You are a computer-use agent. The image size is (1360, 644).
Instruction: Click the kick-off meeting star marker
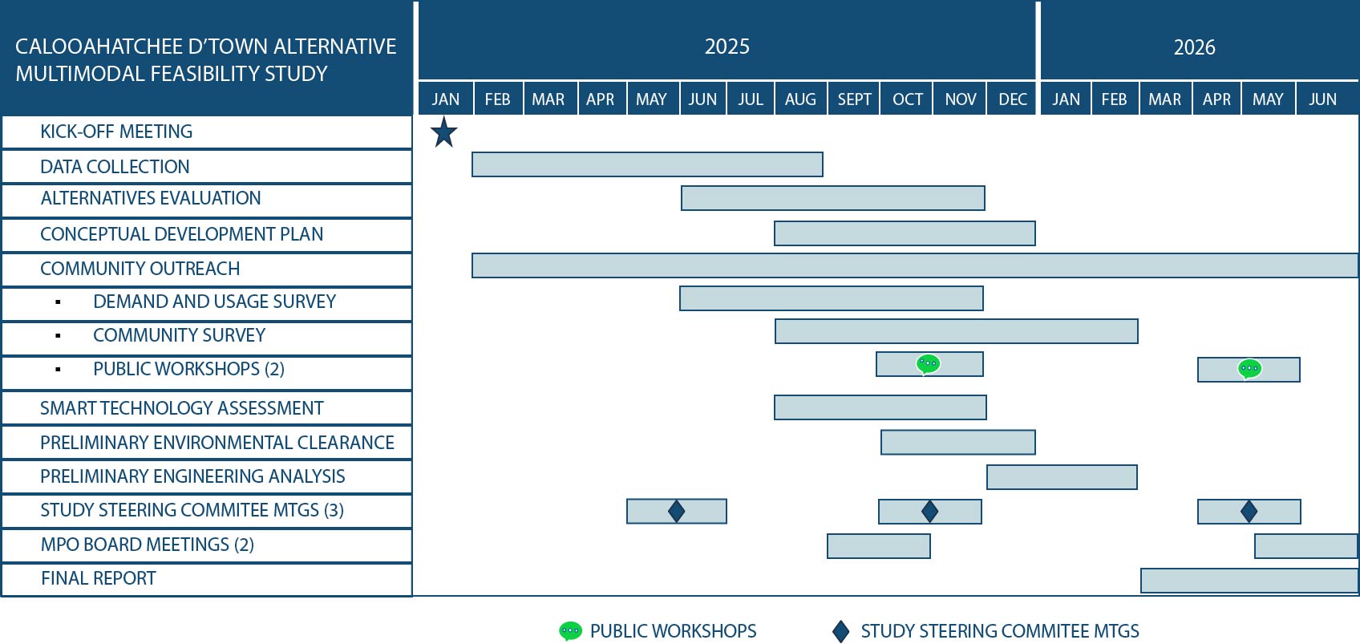pyautogui.click(x=443, y=132)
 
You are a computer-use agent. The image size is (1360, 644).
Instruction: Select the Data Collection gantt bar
pyautogui.click(x=647, y=164)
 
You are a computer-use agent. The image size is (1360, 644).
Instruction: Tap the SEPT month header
pyautogui.click(x=854, y=99)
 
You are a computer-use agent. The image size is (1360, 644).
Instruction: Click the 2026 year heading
pyautogui.click(x=1194, y=47)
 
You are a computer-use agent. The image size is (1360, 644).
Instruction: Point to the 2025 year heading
pyautogui.click(x=727, y=47)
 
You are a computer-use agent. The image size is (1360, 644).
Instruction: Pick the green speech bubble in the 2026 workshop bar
pyautogui.click(x=1249, y=368)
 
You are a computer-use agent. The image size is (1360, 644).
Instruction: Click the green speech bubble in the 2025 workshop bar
pyautogui.click(x=928, y=364)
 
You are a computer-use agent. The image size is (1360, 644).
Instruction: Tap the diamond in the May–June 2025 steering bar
pyautogui.click(x=676, y=511)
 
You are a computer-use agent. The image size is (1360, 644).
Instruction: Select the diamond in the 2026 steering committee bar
pyautogui.click(x=1249, y=511)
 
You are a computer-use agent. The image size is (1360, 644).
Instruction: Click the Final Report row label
pyautogui.click(x=99, y=578)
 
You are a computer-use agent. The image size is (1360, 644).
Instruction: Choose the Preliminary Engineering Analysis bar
pyautogui.click(x=1062, y=477)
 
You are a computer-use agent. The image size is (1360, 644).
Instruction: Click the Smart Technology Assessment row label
pyautogui.click(x=181, y=408)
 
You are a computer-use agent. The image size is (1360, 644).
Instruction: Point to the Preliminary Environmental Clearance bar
pyautogui.click(x=958, y=442)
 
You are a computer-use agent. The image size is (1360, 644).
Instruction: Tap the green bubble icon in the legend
pyautogui.click(x=570, y=631)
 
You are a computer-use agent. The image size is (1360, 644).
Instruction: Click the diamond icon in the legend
pyautogui.click(x=840, y=631)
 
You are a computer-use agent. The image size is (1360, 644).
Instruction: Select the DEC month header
pyautogui.click(x=1013, y=99)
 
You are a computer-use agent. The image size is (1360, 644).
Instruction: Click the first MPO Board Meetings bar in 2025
pyautogui.click(x=879, y=545)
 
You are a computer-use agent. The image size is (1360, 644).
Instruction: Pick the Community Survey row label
pyautogui.click(x=179, y=335)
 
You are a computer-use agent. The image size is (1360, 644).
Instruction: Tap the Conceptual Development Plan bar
pyautogui.click(x=905, y=233)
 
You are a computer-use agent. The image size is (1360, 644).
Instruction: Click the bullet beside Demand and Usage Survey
pyautogui.click(x=58, y=302)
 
